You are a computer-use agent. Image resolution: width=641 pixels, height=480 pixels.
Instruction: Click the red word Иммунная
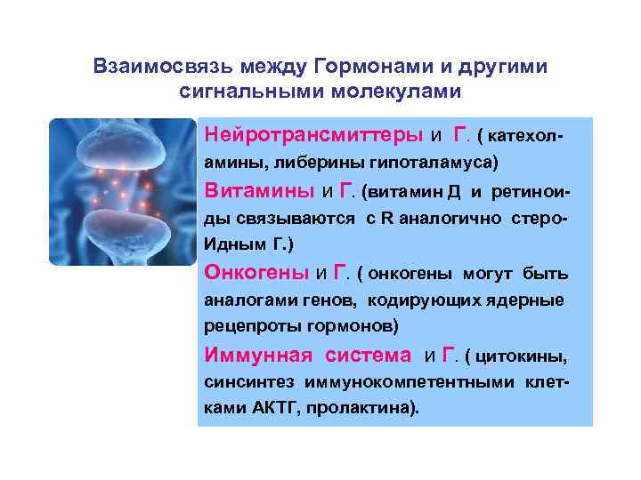258,356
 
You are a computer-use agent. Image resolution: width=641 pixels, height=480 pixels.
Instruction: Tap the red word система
369,356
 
